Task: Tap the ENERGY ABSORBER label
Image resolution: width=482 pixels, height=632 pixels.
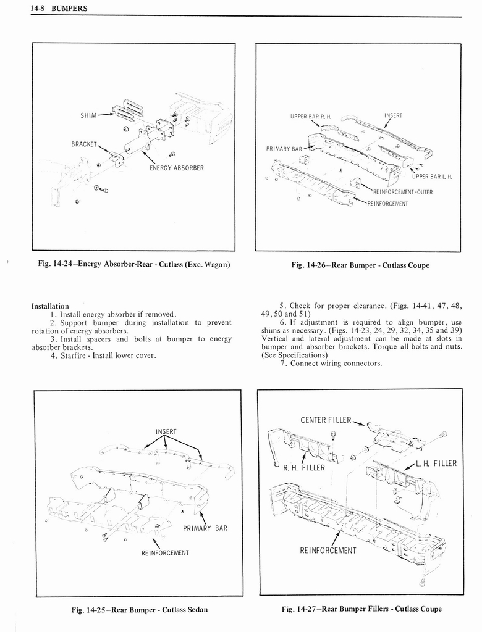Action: [177, 167]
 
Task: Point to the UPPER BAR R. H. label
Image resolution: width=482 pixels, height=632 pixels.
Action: [311, 117]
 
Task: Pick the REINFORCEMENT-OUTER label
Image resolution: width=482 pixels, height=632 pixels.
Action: [402, 191]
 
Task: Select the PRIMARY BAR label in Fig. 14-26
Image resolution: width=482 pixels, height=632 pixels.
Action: [284, 149]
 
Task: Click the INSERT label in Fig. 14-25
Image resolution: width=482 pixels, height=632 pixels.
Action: [166, 431]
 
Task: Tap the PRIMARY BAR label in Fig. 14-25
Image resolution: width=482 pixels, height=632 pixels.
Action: [205, 528]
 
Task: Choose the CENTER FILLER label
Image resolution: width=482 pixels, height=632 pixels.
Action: [326, 420]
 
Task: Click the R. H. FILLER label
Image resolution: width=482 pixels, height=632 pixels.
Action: [303, 467]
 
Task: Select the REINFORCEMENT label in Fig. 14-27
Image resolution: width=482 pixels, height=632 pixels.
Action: [328, 551]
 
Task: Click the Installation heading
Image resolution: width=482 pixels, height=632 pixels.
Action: [49, 306]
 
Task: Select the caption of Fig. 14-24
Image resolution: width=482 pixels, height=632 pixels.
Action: [133, 265]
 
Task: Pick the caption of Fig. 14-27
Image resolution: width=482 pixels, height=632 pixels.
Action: [361, 609]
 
